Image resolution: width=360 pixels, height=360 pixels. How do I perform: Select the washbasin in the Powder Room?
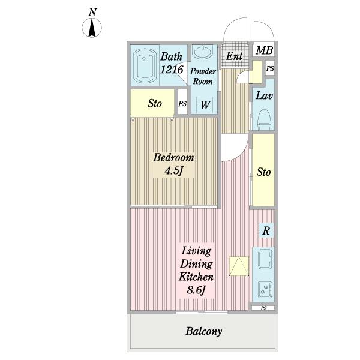coord(203,52)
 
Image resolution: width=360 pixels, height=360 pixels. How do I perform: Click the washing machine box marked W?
coord(205,105)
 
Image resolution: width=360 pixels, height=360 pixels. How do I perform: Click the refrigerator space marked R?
coord(266,230)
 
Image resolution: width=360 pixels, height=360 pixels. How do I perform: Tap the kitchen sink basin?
coord(265,259)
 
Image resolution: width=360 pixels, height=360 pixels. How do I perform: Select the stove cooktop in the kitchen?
coord(265,290)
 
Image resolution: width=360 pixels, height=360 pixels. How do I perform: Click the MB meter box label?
coord(264,50)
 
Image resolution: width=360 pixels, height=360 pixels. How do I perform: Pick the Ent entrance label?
coord(234,56)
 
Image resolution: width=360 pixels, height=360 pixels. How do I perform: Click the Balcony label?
coord(204,331)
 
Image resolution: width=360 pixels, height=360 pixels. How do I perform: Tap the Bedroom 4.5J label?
coord(173,164)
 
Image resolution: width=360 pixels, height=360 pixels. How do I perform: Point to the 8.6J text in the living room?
coord(196,290)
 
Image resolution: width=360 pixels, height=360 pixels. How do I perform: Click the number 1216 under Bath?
coord(172,70)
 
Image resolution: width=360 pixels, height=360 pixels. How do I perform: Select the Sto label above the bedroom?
coord(155,103)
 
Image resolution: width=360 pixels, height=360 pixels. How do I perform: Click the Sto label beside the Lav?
coord(263,172)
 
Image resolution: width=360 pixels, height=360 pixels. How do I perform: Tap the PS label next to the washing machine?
coord(182,104)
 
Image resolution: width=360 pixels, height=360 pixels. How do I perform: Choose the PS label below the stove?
coord(264,308)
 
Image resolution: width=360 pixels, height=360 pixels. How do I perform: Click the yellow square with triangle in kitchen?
coord(239,266)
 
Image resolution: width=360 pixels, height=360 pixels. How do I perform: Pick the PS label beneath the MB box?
coord(270,68)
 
